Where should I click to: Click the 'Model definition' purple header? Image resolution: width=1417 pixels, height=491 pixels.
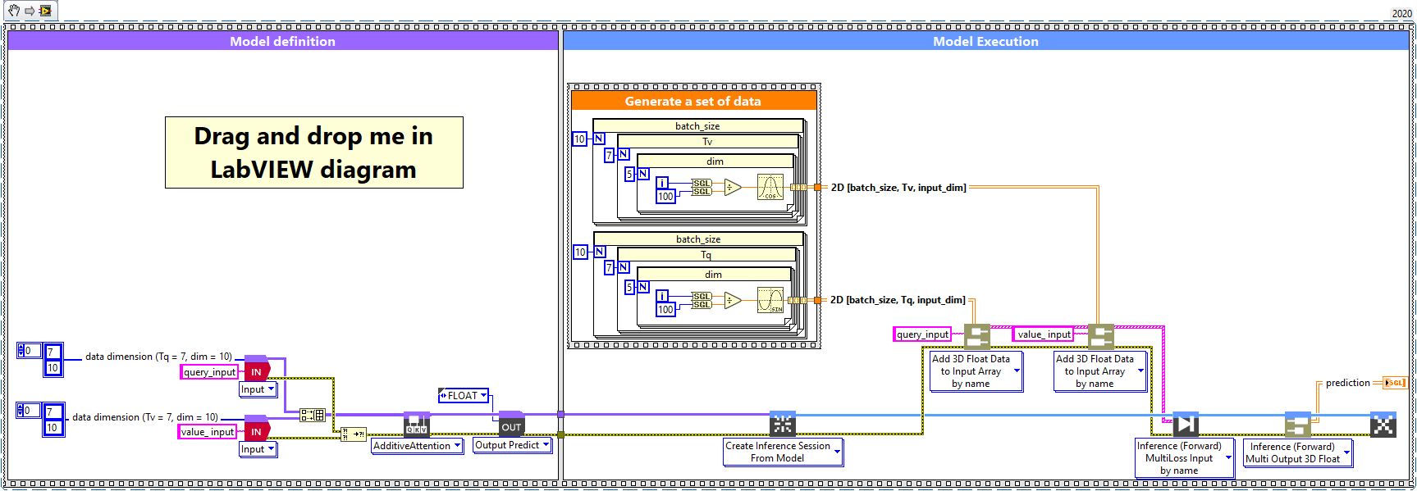[x=282, y=41]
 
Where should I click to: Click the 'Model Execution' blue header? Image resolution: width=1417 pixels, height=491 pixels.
[x=985, y=41]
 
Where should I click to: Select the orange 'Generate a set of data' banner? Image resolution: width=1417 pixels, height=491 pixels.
[x=693, y=101]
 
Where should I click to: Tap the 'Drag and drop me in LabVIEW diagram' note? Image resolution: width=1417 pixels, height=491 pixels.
[x=313, y=152]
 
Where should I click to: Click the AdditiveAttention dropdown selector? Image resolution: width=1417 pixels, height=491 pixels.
[x=417, y=446]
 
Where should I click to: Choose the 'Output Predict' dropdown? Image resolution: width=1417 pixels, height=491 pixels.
[x=512, y=445]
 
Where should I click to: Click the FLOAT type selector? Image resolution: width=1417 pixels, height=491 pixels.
[x=464, y=396]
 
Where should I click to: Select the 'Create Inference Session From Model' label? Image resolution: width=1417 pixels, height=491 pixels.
[x=782, y=452]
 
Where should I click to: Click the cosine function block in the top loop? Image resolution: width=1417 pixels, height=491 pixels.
[x=770, y=188]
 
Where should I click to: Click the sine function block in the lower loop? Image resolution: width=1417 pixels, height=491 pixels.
[x=770, y=301]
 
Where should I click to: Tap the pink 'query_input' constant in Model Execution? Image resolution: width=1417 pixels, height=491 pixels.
[x=922, y=334]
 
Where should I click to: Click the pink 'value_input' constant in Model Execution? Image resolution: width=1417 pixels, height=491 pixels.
[x=1044, y=334]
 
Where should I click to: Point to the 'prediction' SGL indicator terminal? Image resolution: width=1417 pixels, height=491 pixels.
[x=1394, y=383]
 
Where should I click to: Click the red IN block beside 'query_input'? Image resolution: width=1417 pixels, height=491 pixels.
[x=257, y=371]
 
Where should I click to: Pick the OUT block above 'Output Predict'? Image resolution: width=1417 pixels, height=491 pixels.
[x=511, y=425]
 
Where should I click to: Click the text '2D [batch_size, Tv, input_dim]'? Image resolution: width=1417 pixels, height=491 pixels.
[x=898, y=188]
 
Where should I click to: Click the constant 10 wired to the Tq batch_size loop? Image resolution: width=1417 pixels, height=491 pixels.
[x=580, y=252]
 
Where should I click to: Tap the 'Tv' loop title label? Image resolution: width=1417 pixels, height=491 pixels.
[x=707, y=142]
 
